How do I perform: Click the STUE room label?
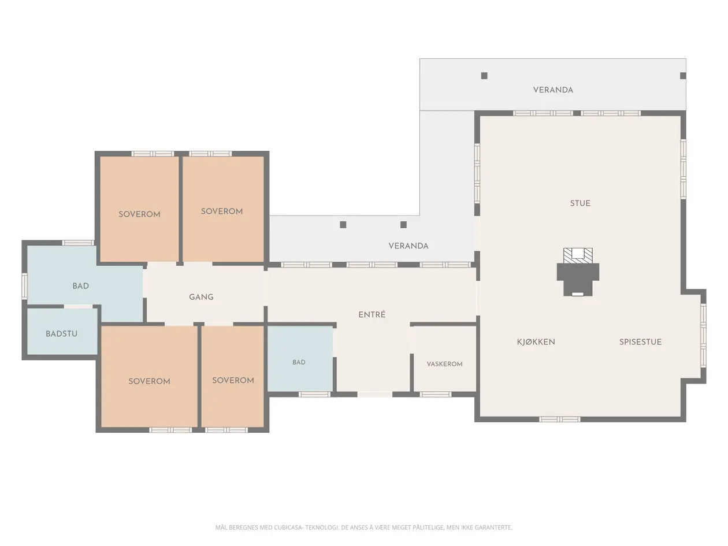point(580,203)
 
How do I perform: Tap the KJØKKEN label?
point(536,342)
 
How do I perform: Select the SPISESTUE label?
point(640,342)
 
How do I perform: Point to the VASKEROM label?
point(444,364)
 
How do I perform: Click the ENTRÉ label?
point(372,314)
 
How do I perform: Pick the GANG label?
point(201,297)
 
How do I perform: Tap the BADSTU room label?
point(61,333)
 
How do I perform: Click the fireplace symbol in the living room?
point(578,272)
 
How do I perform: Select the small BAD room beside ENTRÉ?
point(300,358)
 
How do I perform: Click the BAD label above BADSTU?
point(80,286)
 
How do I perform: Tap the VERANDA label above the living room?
point(553,90)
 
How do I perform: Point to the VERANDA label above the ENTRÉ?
point(408,246)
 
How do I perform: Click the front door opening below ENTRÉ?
point(375,394)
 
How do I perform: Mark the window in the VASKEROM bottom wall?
point(435,394)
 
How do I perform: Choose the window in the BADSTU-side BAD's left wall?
point(24,286)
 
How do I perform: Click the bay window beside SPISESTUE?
point(703,336)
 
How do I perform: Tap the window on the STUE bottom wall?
point(559,419)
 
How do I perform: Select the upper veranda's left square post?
point(484,76)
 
